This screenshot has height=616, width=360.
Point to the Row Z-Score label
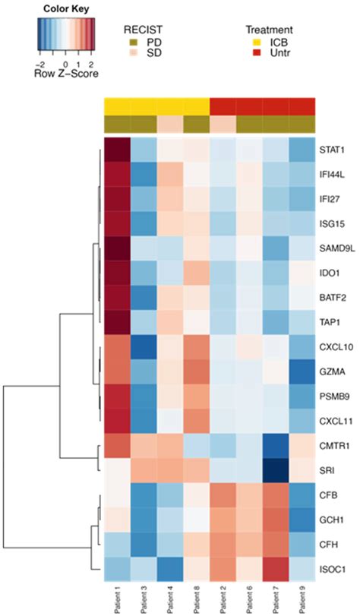66,75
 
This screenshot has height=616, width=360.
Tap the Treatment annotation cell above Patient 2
223,106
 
